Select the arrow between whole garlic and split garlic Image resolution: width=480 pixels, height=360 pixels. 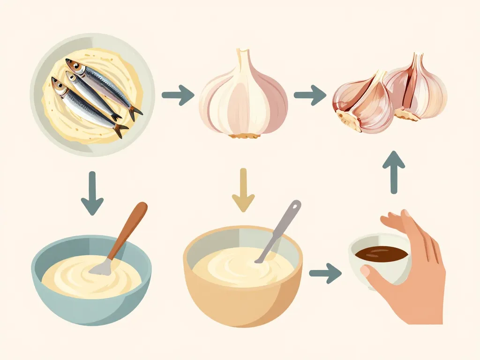click(310, 95)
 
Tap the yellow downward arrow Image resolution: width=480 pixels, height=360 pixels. click(243, 190)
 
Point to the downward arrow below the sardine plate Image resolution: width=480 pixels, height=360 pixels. click(92, 193)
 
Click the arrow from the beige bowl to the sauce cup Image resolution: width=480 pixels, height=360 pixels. click(325, 272)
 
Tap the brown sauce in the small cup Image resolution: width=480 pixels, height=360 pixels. click(381, 254)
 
